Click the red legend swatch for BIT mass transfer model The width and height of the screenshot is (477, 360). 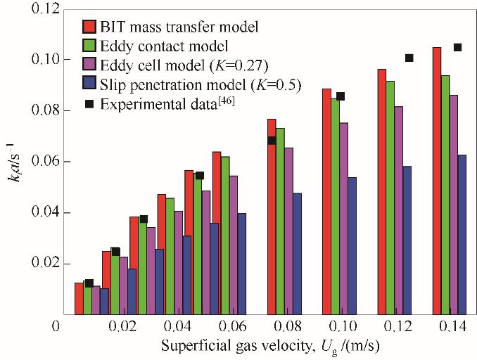[x=89, y=27]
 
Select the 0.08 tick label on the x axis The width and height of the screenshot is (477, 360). [x=286, y=328]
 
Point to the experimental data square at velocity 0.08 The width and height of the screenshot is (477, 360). [x=272, y=141]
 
